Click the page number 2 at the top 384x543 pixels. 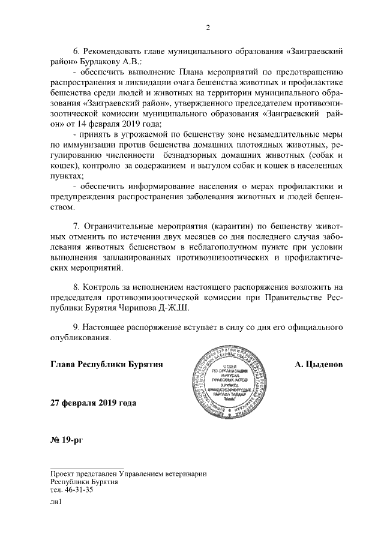click(x=208, y=28)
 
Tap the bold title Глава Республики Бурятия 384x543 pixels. click(x=107, y=364)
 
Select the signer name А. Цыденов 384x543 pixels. click(x=319, y=364)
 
